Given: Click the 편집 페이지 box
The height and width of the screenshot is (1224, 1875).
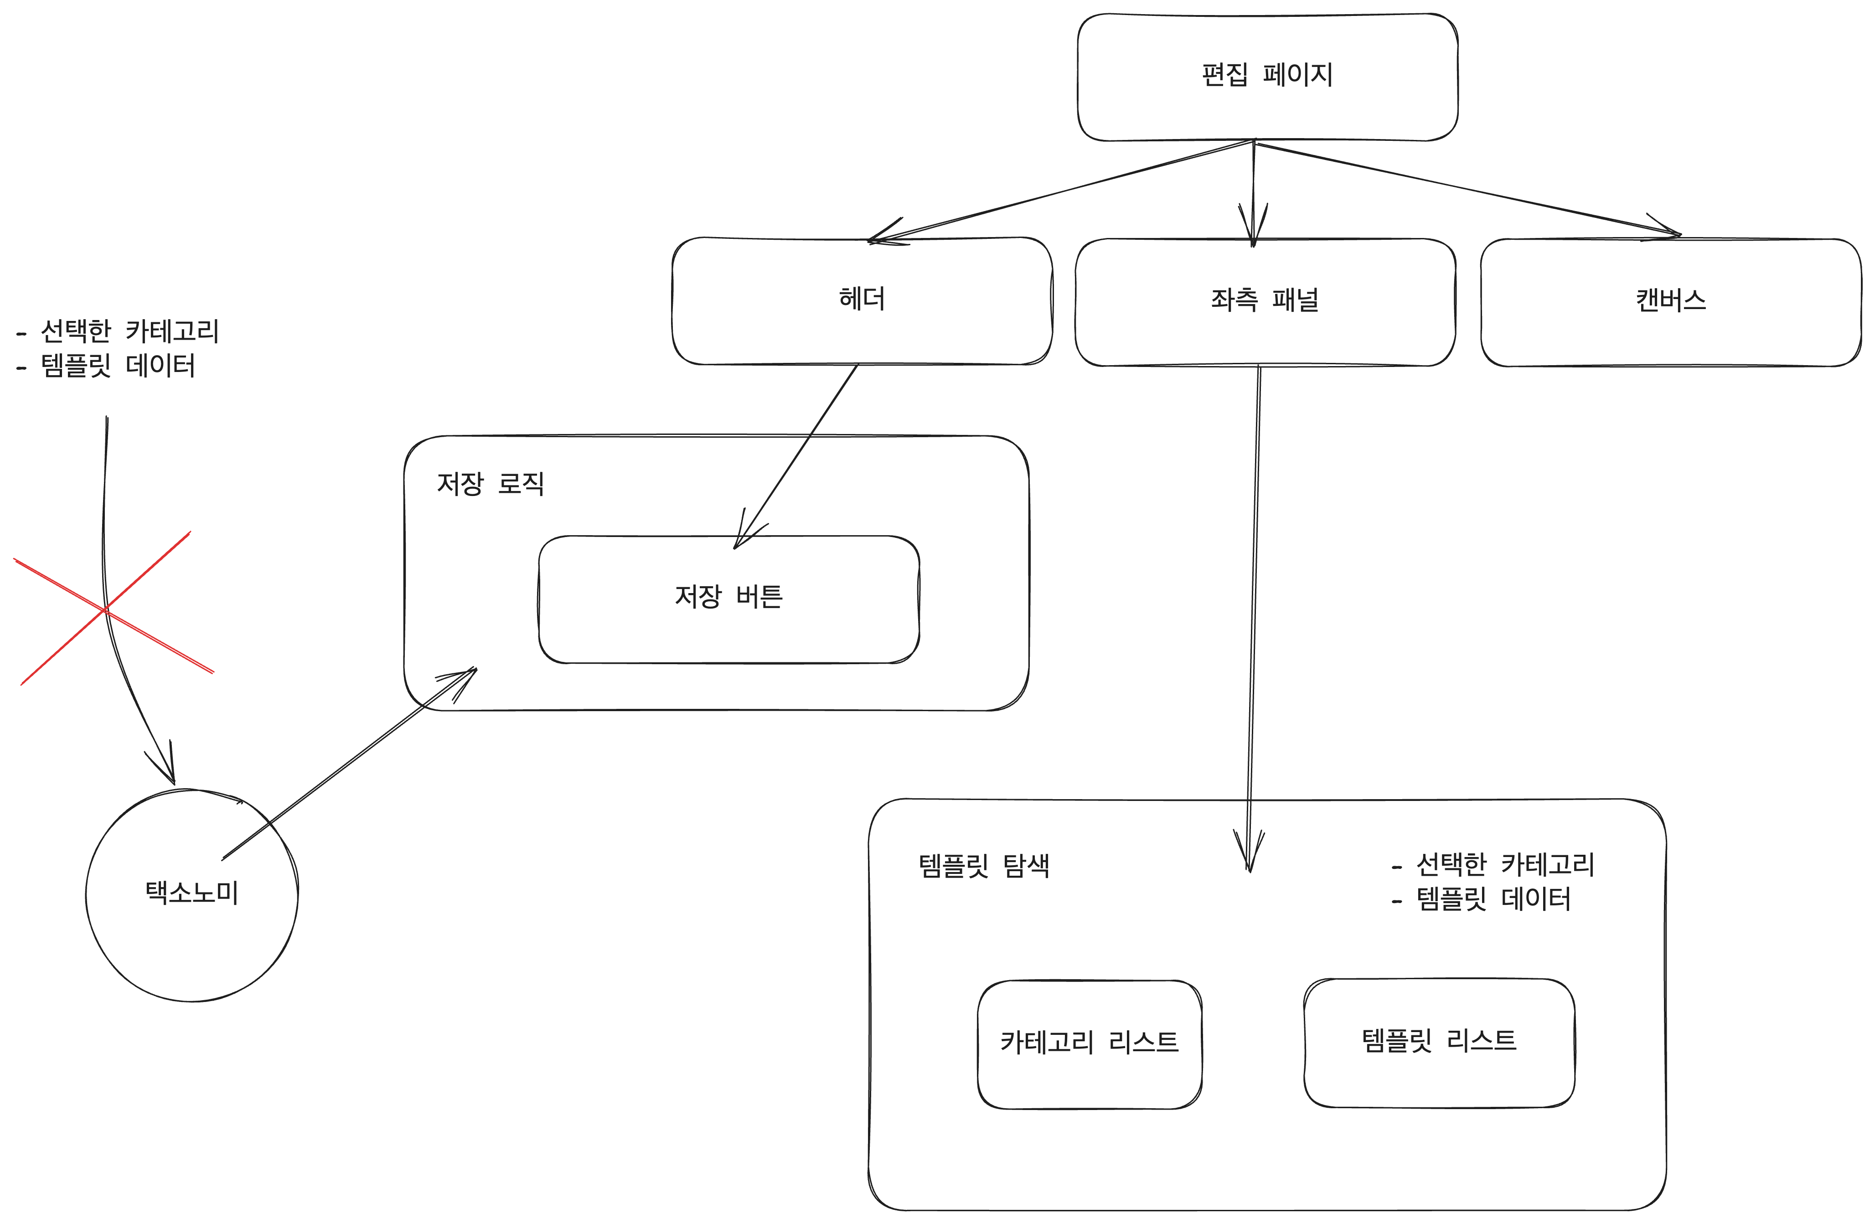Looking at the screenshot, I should pyautogui.click(x=1267, y=77).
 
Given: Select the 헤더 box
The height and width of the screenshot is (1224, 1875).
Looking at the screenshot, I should pyautogui.click(x=862, y=300).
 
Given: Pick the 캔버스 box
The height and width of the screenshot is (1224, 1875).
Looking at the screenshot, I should pyautogui.click(x=1670, y=302).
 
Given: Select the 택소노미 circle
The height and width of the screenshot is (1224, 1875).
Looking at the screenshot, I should pyautogui.click(x=191, y=894).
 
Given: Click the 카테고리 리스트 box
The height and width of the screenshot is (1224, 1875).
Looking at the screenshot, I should pyautogui.click(x=1090, y=1043).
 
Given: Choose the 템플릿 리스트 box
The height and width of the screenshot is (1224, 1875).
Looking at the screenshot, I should pyautogui.click(x=1439, y=1041).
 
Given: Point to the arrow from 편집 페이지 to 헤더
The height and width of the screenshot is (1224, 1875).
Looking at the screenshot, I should pyautogui.click(x=1064, y=191).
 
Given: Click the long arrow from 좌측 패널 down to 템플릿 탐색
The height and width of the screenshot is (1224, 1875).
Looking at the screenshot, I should pyautogui.click(x=1254, y=615).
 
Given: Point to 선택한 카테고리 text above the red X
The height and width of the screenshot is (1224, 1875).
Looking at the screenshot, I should pyautogui.click(x=130, y=331).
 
